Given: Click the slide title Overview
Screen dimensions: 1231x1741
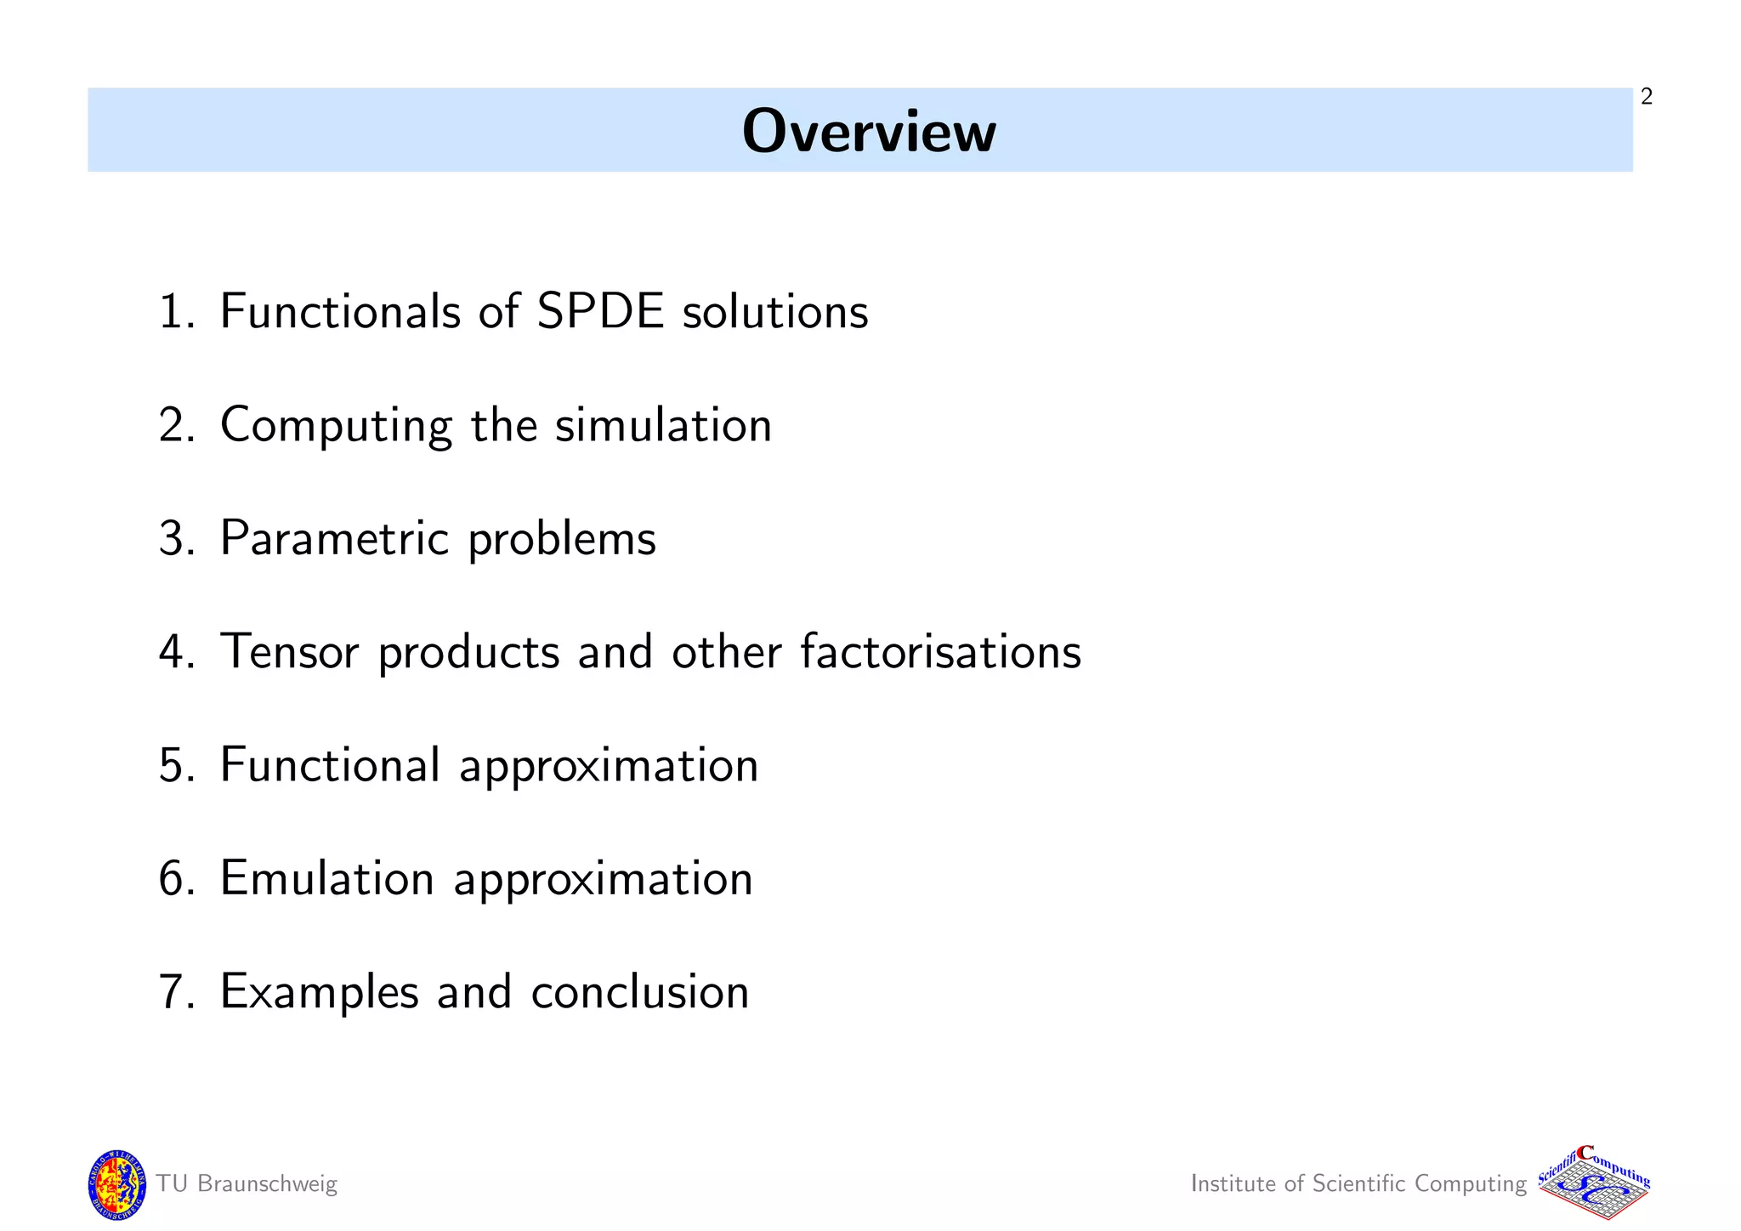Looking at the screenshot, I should click(868, 132).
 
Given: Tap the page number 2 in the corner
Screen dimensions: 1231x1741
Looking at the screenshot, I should click(1647, 97).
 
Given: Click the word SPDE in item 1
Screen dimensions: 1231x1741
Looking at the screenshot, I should click(599, 311).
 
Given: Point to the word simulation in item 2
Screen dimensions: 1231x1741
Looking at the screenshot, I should click(663, 424).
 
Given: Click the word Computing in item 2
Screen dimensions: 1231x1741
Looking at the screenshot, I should click(336, 424).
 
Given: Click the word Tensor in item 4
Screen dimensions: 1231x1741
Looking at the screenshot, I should click(289, 651).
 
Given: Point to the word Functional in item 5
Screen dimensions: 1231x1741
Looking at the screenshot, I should click(330, 764).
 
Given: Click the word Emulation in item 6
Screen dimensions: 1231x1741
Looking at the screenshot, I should click(326, 878).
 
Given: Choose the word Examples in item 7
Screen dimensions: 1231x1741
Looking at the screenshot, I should click(320, 991).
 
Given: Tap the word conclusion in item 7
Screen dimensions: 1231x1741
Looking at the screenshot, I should click(639, 991).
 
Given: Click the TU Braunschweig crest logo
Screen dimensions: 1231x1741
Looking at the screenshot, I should click(117, 1185).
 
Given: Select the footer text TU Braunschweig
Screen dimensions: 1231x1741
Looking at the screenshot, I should click(247, 1184).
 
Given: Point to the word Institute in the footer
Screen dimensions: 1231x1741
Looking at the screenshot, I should click(1233, 1183).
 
